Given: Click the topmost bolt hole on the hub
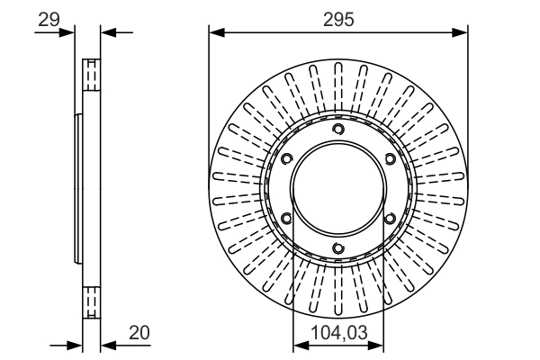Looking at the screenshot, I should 338,130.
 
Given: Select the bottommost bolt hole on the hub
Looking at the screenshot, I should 338,248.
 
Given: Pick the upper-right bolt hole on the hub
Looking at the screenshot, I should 390,160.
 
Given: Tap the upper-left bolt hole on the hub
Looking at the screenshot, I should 287,160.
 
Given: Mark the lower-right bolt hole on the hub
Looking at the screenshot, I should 390,219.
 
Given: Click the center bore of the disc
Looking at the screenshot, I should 338,189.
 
